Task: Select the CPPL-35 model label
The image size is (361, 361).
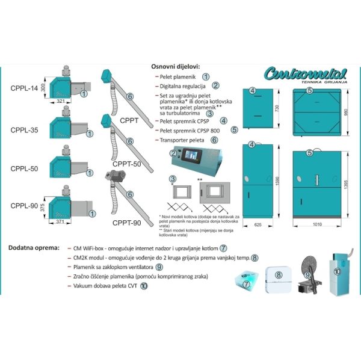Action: pos(24,129)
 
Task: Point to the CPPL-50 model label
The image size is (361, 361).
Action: pos(24,168)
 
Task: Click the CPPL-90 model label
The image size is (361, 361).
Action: pos(24,205)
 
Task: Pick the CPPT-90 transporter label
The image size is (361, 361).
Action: pos(126,223)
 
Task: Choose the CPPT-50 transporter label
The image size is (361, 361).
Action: pos(126,164)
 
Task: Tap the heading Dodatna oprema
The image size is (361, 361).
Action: pos(34,248)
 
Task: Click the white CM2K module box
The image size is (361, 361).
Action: pos(278,280)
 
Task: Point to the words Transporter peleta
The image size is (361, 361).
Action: pos(181,140)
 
